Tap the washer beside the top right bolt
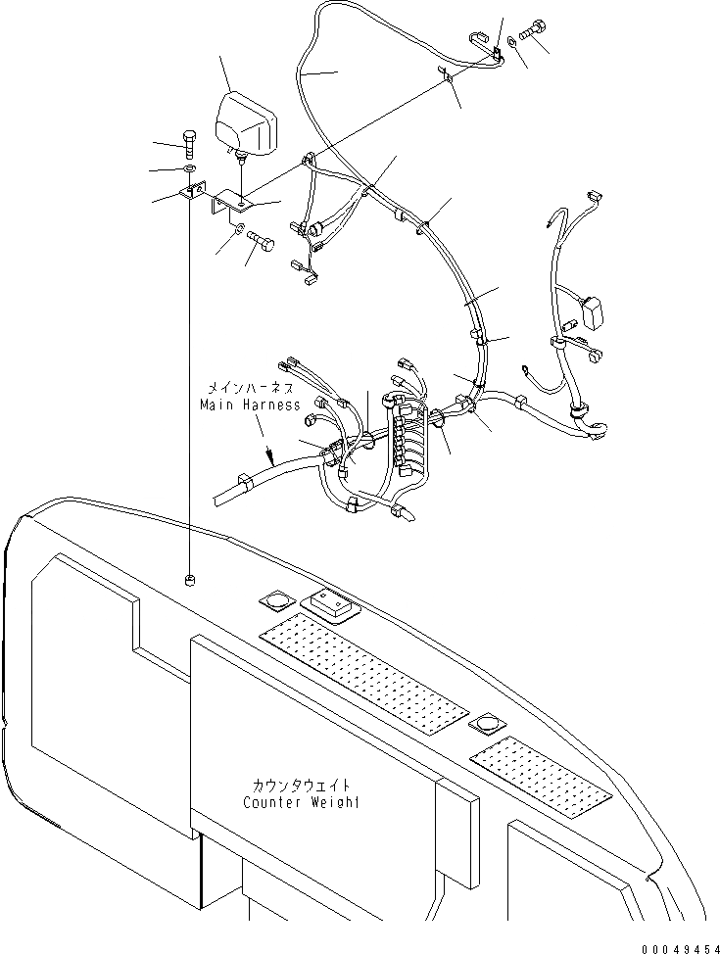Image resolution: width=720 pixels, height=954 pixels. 513,45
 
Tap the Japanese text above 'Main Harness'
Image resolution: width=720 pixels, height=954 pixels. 249,387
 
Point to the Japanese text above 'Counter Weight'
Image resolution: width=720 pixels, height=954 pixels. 301,786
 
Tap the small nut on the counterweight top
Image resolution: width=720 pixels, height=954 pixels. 189,581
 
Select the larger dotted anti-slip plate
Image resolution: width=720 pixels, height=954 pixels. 364,675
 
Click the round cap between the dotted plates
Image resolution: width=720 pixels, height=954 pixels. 485,725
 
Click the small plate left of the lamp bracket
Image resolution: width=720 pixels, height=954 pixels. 192,195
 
